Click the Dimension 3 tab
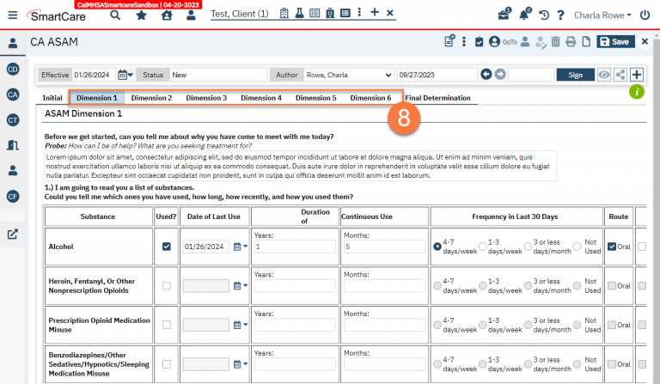point(206,98)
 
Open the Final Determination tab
point(437,98)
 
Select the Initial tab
point(52,98)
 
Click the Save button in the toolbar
point(615,41)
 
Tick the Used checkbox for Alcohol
point(167,247)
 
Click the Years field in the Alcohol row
point(295,247)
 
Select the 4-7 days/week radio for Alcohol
point(437,247)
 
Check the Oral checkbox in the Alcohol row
point(612,247)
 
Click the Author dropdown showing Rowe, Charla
point(349,75)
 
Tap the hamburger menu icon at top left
point(13,15)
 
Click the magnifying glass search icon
point(115,15)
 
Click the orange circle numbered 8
point(404,118)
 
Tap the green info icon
point(637,92)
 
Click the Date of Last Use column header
point(214,216)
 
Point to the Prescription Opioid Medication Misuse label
point(99,325)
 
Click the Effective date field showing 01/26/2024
point(93,75)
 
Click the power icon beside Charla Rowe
point(645,15)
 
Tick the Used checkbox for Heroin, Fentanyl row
point(167,286)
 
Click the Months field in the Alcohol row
point(384,247)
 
